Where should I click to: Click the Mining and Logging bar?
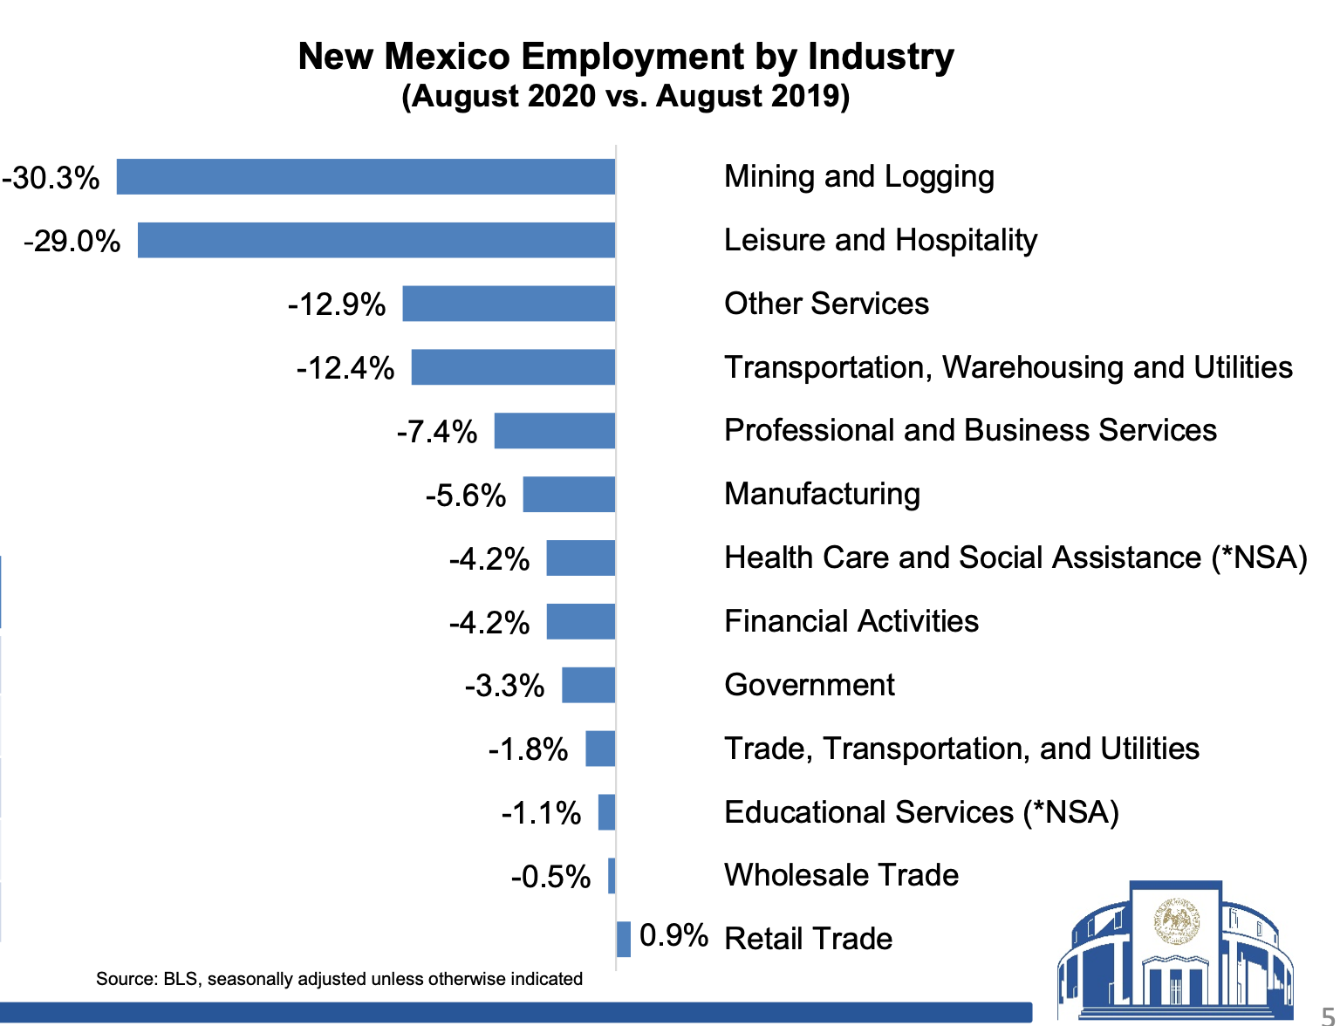click(x=366, y=177)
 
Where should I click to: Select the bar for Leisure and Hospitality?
click(x=377, y=241)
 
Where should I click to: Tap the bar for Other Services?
click(x=509, y=304)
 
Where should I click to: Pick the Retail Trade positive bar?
click(x=624, y=940)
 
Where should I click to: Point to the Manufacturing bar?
click(x=569, y=495)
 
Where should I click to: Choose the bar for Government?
click(x=589, y=686)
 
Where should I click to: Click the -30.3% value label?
click(x=51, y=178)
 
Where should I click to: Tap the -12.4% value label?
click(x=345, y=368)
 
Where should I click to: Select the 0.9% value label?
click(x=673, y=936)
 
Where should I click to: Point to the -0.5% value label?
click(x=550, y=877)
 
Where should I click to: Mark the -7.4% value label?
click(x=437, y=432)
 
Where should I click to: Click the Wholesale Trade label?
click(x=841, y=875)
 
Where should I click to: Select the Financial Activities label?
click(x=851, y=621)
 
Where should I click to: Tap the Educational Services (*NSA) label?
click(x=921, y=812)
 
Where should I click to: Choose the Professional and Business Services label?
click(x=970, y=430)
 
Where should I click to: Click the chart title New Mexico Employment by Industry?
click(x=626, y=57)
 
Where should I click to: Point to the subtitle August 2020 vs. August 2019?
click(x=626, y=96)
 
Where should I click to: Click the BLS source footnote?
click(x=339, y=979)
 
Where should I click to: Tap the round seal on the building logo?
click(x=1177, y=921)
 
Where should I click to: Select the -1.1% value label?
click(x=541, y=813)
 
